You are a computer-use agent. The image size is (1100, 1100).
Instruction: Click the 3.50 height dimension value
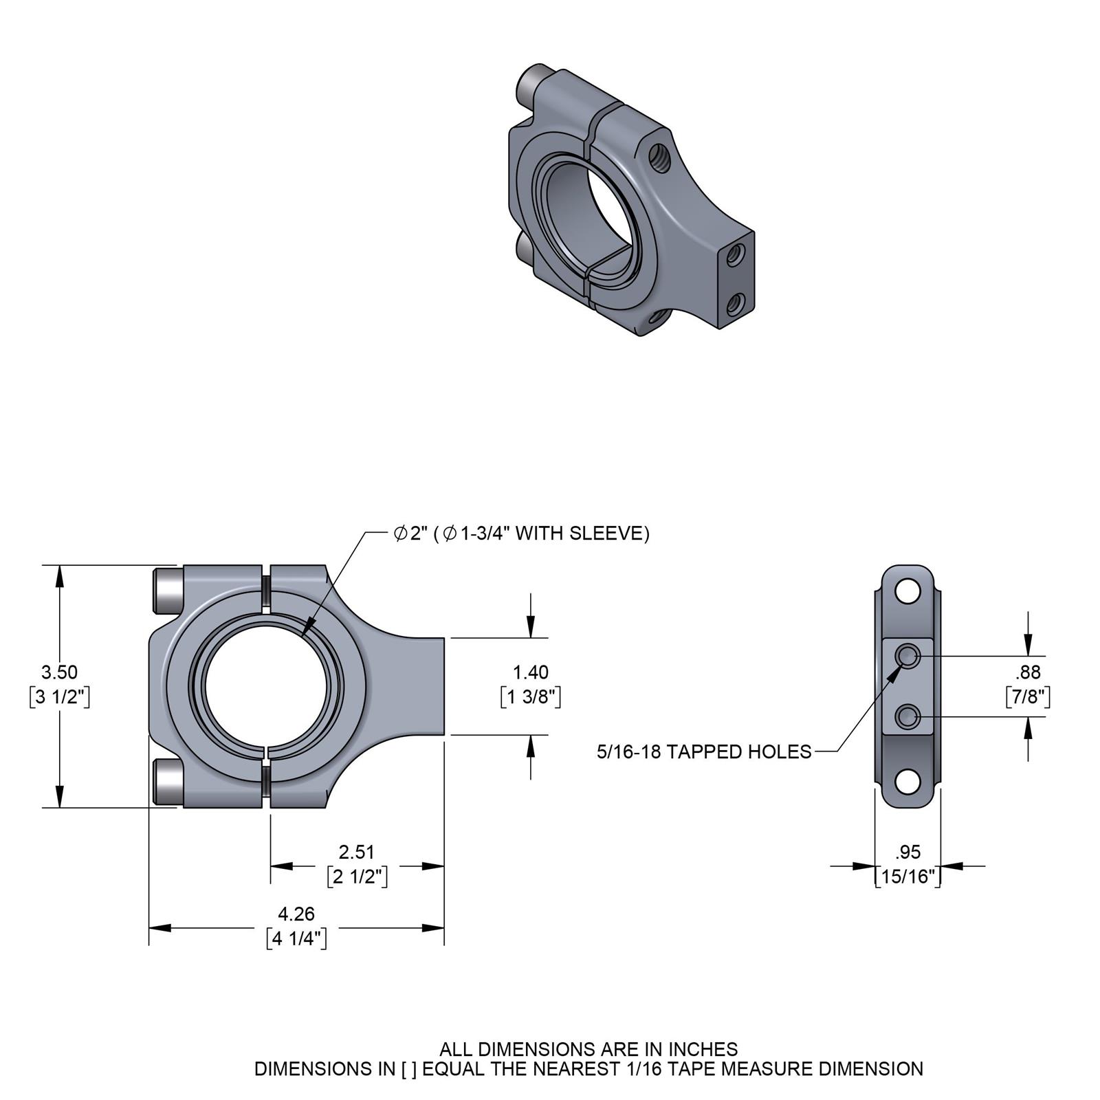pos(59,672)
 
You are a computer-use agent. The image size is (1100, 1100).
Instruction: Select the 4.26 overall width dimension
pos(296,914)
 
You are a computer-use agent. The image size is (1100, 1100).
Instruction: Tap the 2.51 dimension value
pos(356,852)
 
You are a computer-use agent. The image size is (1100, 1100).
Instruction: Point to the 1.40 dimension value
pos(531,672)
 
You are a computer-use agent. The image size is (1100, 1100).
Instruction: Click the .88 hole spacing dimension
pos(1028,672)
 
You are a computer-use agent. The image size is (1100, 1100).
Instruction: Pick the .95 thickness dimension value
pos(907,852)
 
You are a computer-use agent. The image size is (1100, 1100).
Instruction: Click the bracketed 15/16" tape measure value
pos(907,877)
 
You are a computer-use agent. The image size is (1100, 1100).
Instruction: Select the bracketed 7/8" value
pos(1028,696)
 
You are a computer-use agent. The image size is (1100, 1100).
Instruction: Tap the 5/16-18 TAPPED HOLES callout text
pos(704,751)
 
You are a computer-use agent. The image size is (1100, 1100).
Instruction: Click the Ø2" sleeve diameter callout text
pos(520,533)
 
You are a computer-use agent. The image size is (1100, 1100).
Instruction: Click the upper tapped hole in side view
pos(908,657)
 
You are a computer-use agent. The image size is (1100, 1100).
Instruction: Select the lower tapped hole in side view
pos(908,717)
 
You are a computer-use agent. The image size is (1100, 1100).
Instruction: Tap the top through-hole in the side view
pos(907,591)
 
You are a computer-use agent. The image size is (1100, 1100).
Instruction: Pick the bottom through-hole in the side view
pos(907,782)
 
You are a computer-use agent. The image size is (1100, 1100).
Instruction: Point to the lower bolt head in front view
pos(167,782)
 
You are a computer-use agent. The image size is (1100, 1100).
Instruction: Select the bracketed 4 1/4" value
pos(296,938)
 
